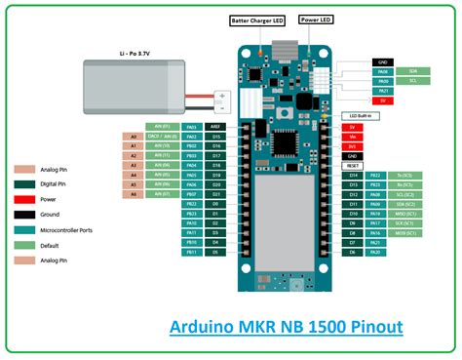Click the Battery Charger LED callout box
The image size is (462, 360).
tap(256, 19)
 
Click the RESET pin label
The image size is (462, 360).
tap(353, 166)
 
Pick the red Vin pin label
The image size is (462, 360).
tap(353, 137)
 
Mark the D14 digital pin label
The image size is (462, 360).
tap(353, 176)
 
